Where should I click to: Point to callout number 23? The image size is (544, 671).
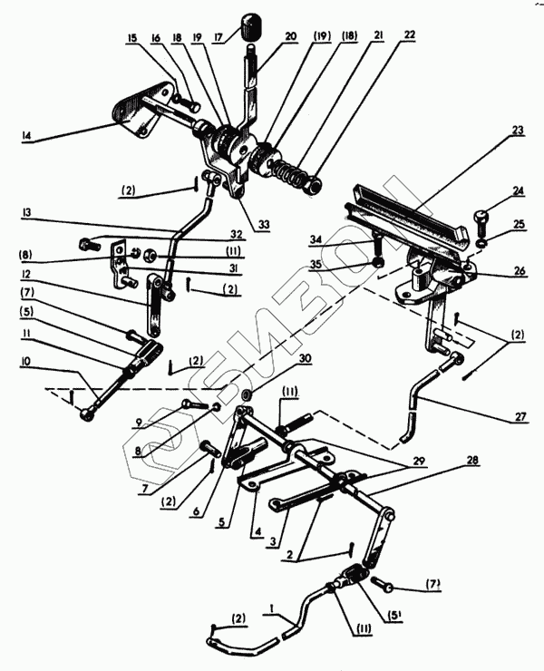tap(518, 130)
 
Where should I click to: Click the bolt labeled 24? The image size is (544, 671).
tap(481, 218)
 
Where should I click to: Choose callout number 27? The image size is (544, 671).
tap(518, 418)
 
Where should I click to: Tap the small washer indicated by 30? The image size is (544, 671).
tap(247, 396)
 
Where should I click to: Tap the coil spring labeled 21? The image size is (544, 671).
tap(288, 171)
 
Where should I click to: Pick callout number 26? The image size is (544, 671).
tap(518, 269)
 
